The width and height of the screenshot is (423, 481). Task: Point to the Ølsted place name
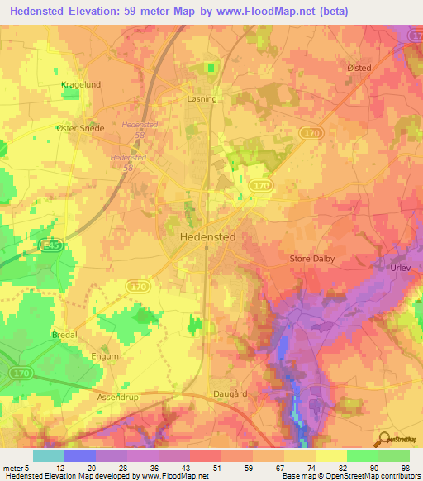(x=359, y=69)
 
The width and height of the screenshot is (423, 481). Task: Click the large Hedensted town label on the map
(x=207, y=236)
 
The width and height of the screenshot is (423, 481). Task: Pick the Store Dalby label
(x=312, y=259)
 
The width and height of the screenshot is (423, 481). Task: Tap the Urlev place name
(x=400, y=269)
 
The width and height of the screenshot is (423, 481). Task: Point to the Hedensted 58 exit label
(x=133, y=128)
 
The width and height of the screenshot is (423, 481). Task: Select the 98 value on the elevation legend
(x=406, y=469)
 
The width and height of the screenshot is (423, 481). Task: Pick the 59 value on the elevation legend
(x=249, y=469)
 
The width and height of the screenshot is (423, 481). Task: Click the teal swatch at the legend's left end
(x=49, y=455)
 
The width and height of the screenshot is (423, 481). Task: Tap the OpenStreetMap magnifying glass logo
(x=383, y=439)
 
